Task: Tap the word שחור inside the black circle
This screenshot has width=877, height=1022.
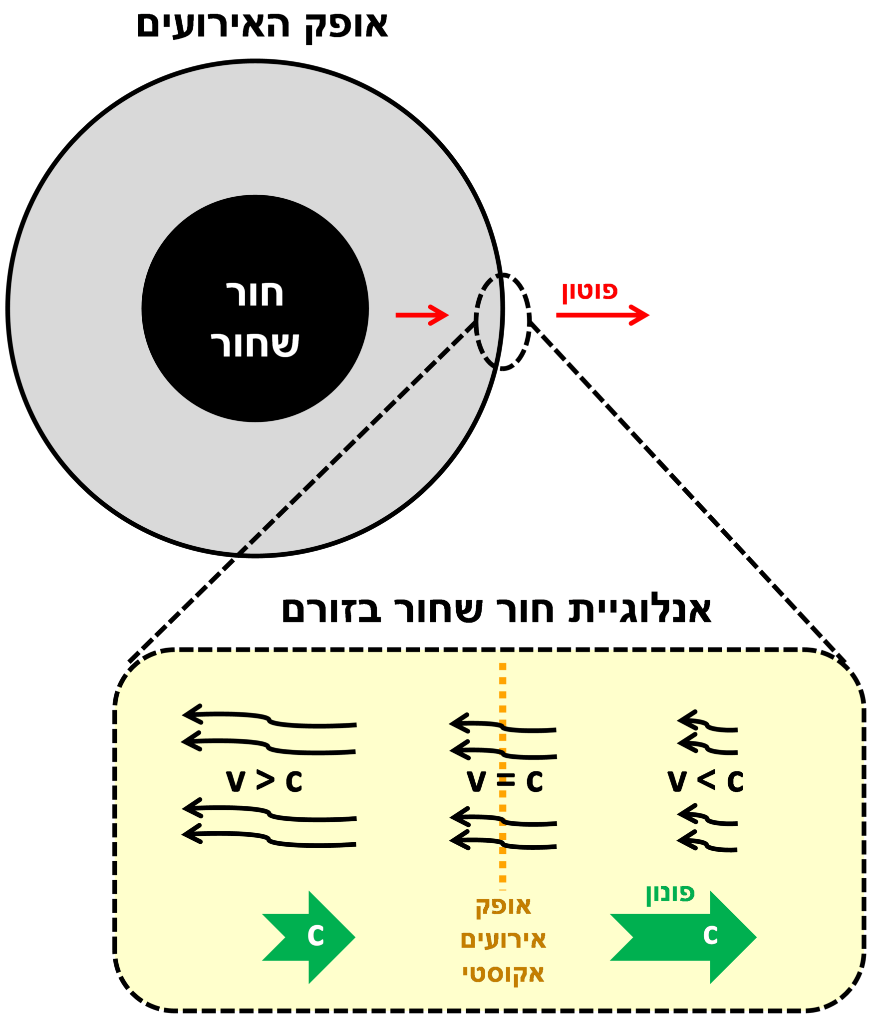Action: click(255, 344)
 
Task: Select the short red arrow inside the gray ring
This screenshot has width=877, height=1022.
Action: click(422, 315)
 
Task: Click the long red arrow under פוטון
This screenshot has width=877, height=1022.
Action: click(602, 315)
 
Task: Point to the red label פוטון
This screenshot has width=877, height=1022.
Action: click(590, 292)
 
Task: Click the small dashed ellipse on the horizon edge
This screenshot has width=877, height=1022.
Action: click(502, 322)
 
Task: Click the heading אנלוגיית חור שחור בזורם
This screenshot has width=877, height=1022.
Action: click(496, 610)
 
